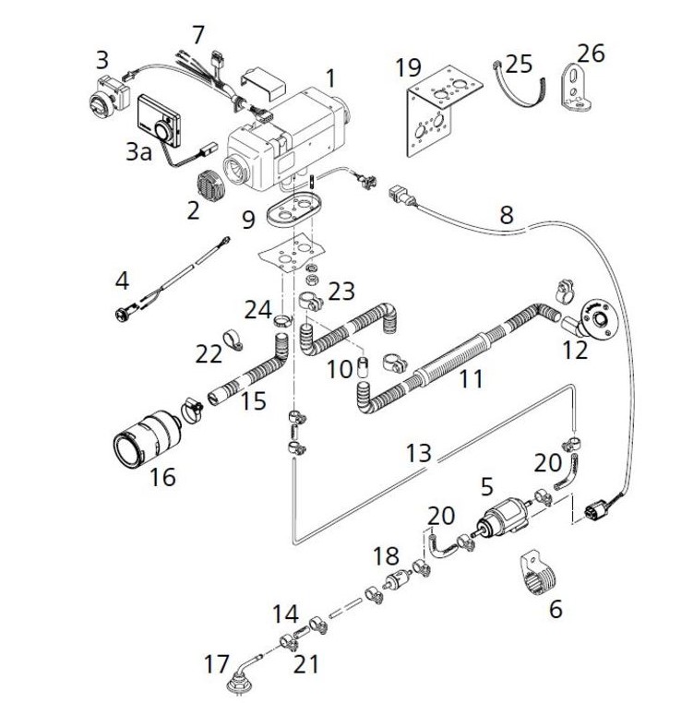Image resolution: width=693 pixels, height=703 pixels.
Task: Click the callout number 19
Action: pos(408,67)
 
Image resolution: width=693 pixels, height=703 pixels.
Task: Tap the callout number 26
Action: pos(591,53)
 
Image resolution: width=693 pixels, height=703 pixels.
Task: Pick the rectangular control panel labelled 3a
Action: pos(160,120)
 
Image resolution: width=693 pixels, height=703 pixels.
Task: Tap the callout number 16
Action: pos(162,476)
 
